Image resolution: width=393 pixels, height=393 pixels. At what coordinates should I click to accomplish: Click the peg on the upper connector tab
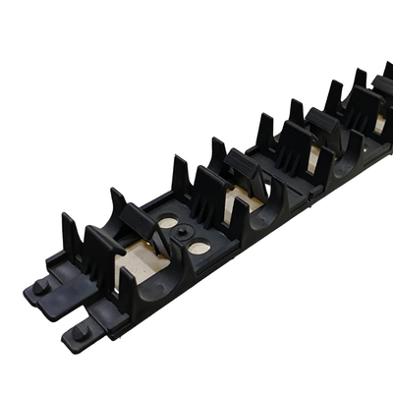click(x=40, y=287)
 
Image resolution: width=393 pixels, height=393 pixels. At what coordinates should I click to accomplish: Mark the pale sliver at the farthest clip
click(x=379, y=124)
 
